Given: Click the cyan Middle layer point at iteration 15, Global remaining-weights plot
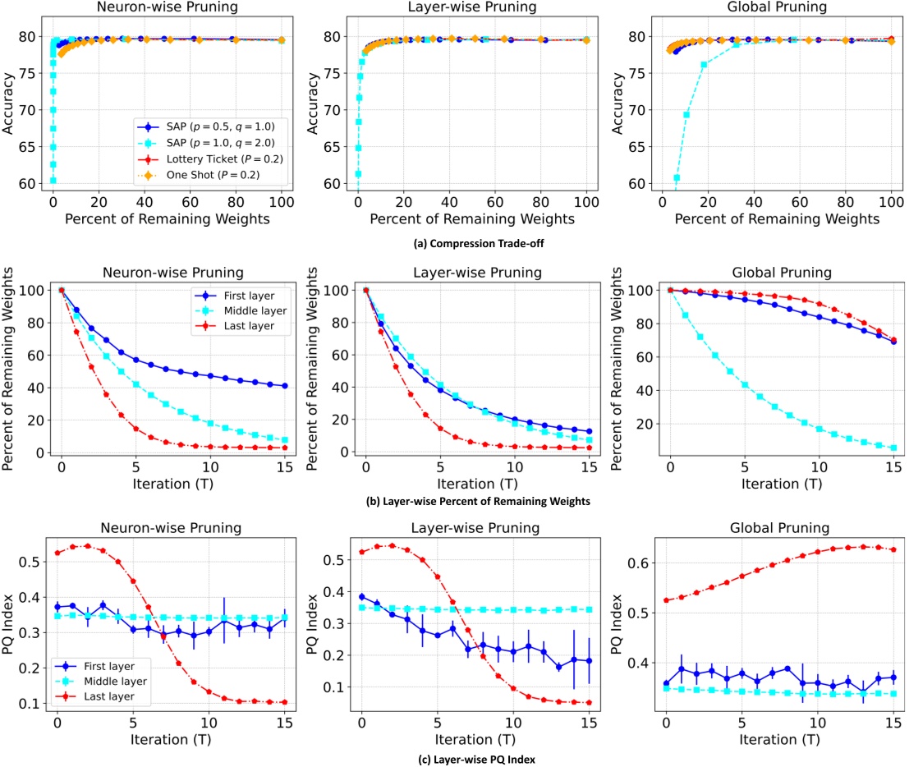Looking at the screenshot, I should point(893,448).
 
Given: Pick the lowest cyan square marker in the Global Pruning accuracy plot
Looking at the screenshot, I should point(677,177).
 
